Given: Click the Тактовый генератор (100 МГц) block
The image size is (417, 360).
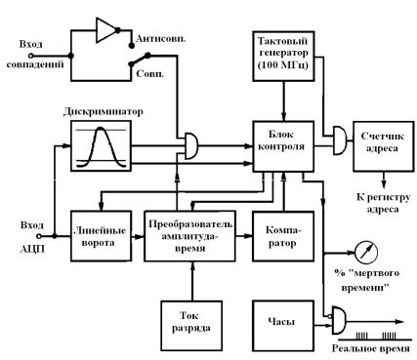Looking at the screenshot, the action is click(283, 56).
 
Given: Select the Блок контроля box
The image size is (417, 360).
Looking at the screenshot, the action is click(283, 146).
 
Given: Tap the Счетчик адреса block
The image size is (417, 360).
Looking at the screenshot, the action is click(384, 146).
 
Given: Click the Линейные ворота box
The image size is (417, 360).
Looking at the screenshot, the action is click(102, 236).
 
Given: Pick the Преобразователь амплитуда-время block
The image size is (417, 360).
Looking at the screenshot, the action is click(190, 236).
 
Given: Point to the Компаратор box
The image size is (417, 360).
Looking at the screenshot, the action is click(283, 236).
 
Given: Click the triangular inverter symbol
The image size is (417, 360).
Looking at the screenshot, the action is click(104, 30).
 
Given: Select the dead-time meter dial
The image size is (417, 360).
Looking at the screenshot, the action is click(366, 252).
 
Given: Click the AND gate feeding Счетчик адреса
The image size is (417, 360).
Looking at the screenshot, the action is click(340, 140).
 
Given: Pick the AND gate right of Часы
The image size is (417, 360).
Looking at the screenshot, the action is click(339, 320).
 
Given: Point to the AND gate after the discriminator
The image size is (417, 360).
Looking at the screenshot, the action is click(191, 145).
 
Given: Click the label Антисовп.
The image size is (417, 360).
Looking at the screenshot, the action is click(161, 39).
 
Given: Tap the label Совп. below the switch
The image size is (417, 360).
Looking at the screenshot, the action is click(150, 74).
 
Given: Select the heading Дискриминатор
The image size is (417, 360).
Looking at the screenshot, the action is click(104, 111).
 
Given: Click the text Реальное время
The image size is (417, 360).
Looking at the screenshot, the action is click(371, 349).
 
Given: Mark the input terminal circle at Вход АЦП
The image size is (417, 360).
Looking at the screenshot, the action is click(39, 236).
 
